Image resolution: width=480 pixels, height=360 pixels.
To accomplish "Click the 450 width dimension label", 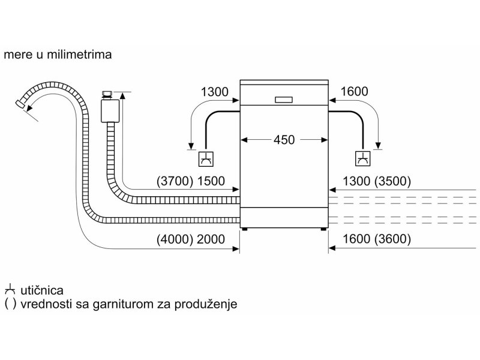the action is [284, 140].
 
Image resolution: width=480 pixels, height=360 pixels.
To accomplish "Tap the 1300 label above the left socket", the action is [215, 92].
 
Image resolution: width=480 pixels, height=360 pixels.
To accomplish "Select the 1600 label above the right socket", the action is [354, 91].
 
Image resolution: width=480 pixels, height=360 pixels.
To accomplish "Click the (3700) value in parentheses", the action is [175, 181].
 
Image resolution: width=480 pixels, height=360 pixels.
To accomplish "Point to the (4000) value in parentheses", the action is [175, 239].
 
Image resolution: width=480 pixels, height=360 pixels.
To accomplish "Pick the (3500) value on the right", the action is [392, 181].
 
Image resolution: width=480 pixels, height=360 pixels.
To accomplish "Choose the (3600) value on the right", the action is [392, 239].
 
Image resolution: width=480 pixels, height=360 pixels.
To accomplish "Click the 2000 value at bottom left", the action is [211, 239].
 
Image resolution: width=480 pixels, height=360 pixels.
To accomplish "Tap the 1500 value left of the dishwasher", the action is [211, 181].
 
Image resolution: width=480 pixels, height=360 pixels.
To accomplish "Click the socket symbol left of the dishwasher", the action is [206, 159].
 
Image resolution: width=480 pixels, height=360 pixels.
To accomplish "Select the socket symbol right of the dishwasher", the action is [363, 158].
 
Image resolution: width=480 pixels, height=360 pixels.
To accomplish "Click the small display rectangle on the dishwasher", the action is [284, 100].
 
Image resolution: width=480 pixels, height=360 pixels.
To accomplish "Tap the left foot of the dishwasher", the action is [245, 229].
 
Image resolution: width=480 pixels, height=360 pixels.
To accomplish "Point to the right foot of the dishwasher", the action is [323, 229].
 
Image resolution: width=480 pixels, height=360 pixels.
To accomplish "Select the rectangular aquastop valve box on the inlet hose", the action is [110, 110].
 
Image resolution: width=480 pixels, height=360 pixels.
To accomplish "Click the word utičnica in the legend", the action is [42, 290].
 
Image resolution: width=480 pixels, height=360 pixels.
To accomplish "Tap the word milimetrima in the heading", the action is [79, 55].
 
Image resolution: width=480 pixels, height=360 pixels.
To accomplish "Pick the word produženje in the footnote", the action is [206, 305].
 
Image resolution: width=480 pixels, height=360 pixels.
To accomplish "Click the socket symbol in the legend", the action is [10, 290].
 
